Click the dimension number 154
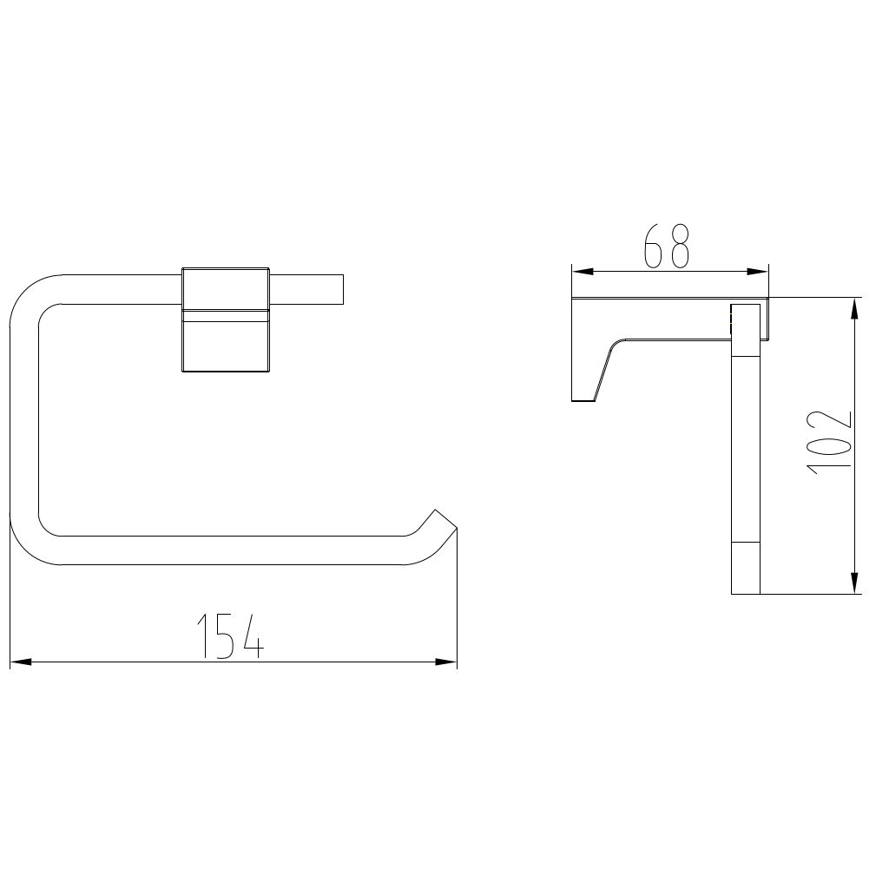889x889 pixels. (230, 635)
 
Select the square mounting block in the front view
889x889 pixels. (226, 320)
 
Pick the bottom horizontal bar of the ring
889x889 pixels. (226, 550)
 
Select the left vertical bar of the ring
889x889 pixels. (24, 417)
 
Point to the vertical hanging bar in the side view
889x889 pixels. (746, 451)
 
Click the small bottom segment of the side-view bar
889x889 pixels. (746, 570)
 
